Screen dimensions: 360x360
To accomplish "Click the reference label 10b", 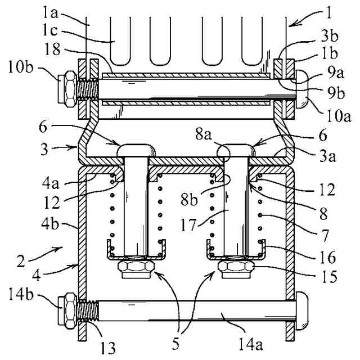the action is (21, 67).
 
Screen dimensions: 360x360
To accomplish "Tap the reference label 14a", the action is (250, 344).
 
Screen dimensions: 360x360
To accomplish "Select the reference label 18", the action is (52, 49).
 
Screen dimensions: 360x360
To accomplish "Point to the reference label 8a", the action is (204, 134).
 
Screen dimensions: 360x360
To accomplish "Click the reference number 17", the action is (188, 225).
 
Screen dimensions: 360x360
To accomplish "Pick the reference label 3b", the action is (330, 36).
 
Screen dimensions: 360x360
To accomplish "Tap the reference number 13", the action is (108, 348).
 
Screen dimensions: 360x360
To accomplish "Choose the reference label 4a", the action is (51, 183).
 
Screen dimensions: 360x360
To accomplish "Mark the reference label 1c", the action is (50, 30).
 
